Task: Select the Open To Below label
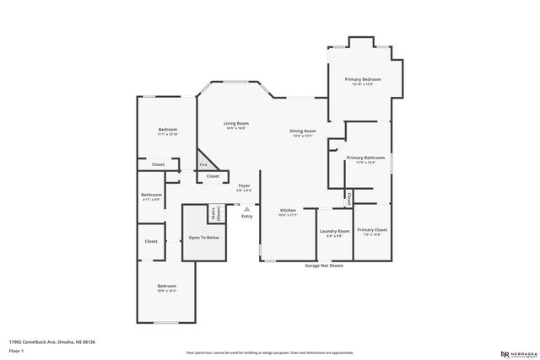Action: point(203,237)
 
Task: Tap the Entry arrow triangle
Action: point(246,208)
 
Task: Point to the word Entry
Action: point(246,217)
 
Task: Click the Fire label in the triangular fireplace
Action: point(202,164)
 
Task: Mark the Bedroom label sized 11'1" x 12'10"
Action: point(167,130)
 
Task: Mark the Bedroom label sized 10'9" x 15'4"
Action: point(166,287)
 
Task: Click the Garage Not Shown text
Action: point(324,265)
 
